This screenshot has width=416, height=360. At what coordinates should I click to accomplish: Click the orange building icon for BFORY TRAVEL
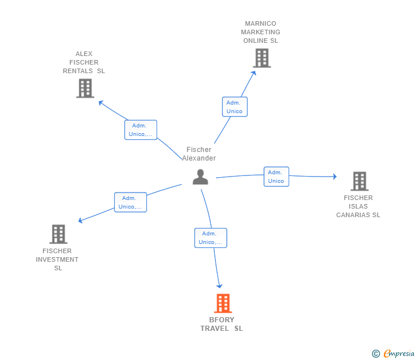pyautogui.click(x=223, y=303)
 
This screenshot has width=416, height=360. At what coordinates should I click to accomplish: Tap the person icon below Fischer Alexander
pyautogui.click(x=201, y=177)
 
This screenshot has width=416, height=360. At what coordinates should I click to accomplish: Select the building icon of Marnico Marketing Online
pyautogui.click(x=262, y=58)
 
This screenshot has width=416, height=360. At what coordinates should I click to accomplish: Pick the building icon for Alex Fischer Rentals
pyautogui.click(x=85, y=89)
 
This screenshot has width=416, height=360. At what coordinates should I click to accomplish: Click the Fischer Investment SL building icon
pyautogui.click(x=58, y=234)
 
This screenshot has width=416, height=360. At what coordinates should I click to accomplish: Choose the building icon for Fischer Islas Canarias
pyautogui.click(x=359, y=181)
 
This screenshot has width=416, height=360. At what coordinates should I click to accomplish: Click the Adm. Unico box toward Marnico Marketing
pyautogui.click(x=235, y=107)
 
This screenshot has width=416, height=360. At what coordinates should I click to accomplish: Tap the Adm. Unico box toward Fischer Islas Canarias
pyautogui.click(x=276, y=177)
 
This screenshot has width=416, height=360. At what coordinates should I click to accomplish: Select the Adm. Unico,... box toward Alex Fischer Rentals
pyautogui.click(x=141, y=130)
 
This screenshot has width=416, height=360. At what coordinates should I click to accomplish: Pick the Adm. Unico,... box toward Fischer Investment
pyautogui.click(x=130, y=202)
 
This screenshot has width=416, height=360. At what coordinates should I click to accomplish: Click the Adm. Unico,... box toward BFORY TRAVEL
pyautogui.click(x=211, y=238)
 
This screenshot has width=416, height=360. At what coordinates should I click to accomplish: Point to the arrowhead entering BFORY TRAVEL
pyautogui.click(x=219, y=286)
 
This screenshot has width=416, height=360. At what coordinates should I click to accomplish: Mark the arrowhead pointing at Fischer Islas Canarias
pyautogui.click(x=335, y=177)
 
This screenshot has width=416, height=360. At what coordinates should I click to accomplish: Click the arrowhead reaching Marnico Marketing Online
pyautogui.click(x=254, y=73)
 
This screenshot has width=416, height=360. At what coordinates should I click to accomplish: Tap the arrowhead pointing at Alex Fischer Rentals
pyautogui.click(x=101, y=103)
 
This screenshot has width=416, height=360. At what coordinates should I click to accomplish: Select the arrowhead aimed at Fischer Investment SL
pyautogui.click(x=81, y=221)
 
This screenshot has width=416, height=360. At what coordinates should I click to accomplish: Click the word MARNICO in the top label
pyautogui.click(x=261, y=23)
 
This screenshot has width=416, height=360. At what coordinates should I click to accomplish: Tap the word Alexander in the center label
pyautogui.click(x=199, y=158)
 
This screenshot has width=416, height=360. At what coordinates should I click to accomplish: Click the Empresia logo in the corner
pyautogui.click(x=393, y=354)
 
